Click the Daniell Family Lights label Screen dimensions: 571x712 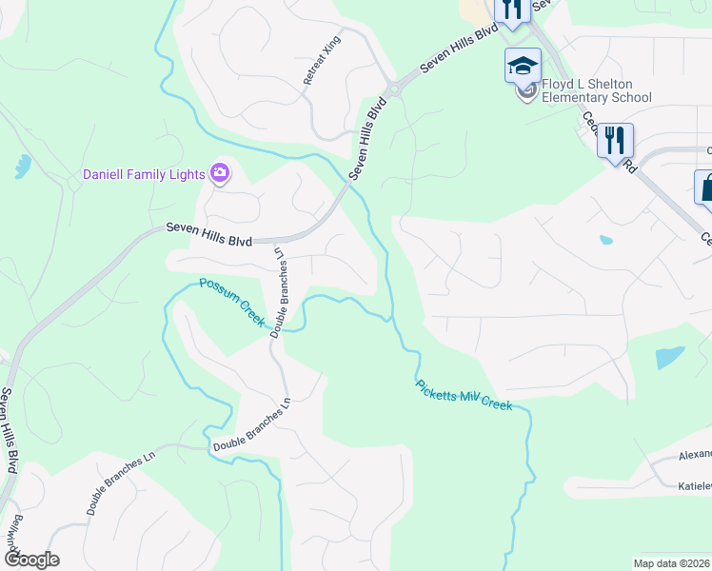pyautogui.click(x=144, y=174)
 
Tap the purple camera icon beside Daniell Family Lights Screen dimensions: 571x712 pyautogui.click(x=221, y=173)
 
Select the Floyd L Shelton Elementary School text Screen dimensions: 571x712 pyautogui.click(x=597, y=90)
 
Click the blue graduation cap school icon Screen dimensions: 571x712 pyautogui.click(x=523, y=66)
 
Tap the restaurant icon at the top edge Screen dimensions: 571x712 pyautogui.click(x=512, y=10)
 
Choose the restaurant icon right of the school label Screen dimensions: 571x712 pyautogui.click(x=615, y=141)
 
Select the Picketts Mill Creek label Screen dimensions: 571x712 pyautogui.click(x=464, y=395)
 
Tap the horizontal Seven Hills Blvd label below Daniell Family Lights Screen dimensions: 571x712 pyautogui.click(x=208, y=234)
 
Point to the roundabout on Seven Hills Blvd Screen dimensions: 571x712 pyautogui.click(x=392, y=89)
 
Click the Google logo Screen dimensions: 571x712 pyautogui.click(x=31, y=560)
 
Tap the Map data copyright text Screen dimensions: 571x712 pyautogui.click(x=672, y=562)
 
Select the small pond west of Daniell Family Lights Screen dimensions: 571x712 pyautogui.click(x=22, y=167)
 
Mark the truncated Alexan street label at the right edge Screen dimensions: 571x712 pyautogui.click(x=694, y=455)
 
